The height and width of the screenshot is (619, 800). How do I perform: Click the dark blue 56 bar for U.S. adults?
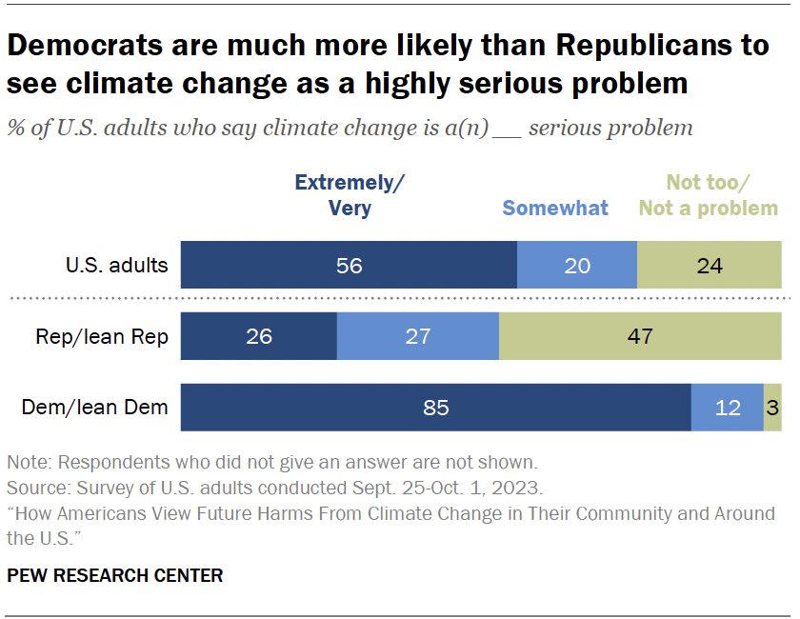click(349, 265)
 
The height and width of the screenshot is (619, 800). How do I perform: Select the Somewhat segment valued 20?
click(577, 265)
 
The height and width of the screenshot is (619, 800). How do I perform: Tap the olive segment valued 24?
click(710, 265)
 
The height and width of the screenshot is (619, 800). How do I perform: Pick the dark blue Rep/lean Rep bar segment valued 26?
click(259, 336)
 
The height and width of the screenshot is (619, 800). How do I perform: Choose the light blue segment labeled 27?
click(418, 336)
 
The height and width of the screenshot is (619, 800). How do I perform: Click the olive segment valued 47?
click(640, 336)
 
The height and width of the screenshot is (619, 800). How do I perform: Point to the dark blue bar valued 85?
click(435, 408)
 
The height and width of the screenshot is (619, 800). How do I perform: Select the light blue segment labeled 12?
click(728, 408)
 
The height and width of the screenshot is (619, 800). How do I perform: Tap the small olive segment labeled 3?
click(772, 408)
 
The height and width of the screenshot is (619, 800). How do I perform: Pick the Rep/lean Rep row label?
click(102, 337)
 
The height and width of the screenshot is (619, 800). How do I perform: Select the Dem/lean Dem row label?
click(95, 409)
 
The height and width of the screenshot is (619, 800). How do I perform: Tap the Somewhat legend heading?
click(555, 208)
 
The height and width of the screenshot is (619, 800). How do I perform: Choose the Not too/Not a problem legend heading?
click(709, 195)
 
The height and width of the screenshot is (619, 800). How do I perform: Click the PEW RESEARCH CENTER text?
click(115, 575)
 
